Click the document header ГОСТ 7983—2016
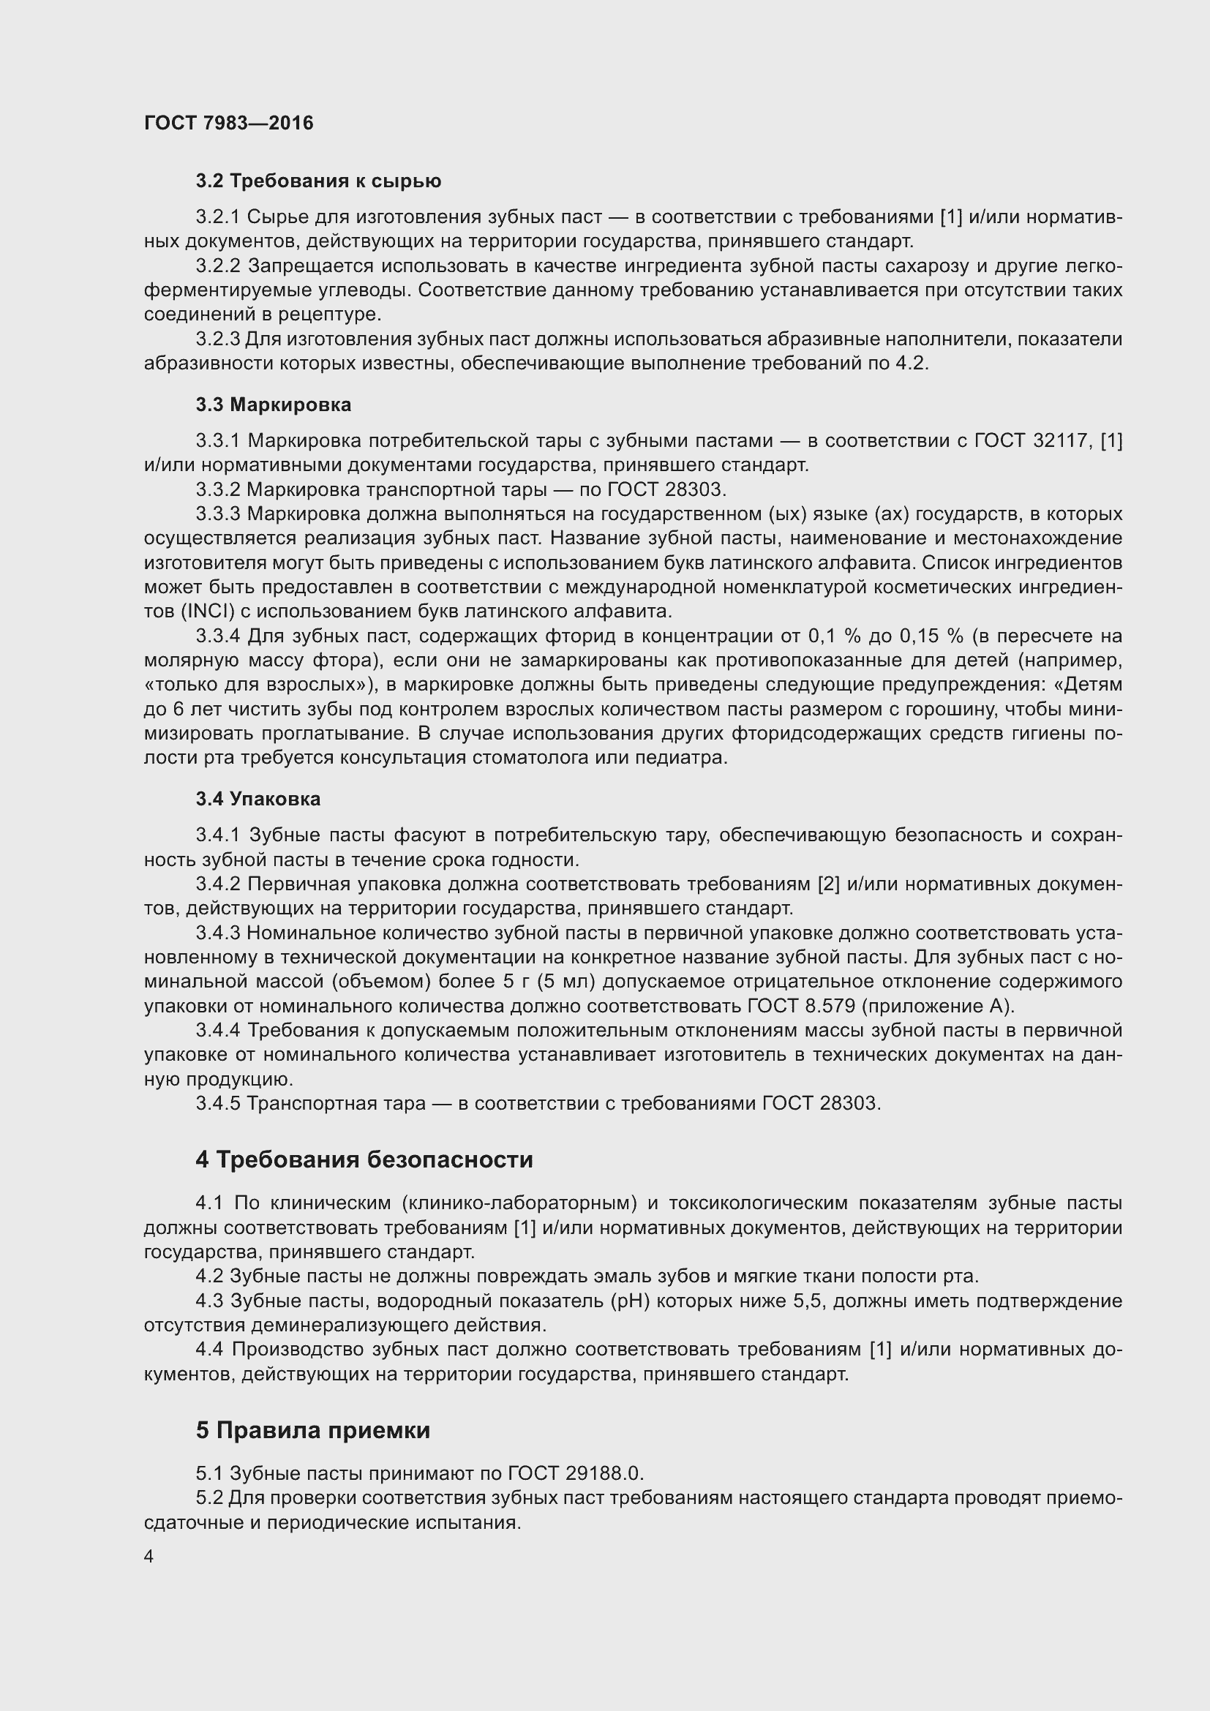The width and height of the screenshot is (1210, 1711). tap(229, 123)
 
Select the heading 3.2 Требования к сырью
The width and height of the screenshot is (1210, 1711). tap(318, 181)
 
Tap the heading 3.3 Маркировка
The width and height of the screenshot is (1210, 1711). tap(274, 405)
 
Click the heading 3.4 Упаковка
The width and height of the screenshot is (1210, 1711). tap(258, 799)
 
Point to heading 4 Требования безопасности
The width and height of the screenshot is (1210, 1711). tap(364, 1159)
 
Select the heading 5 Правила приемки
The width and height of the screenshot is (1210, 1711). tap(313, 1430)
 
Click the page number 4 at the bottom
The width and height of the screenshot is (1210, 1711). tap(149, 1557)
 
